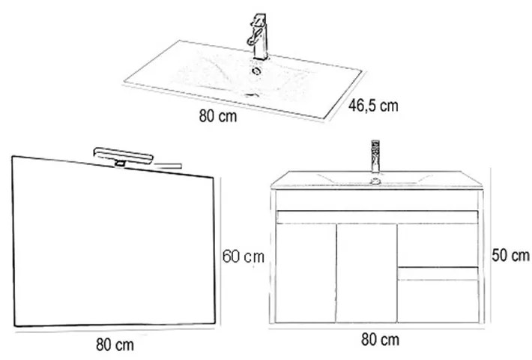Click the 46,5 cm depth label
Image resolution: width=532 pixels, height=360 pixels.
pos(373,105)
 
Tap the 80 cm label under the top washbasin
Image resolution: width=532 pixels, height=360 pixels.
pos(218,115)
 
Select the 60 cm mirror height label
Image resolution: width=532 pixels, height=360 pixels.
pos(244,256)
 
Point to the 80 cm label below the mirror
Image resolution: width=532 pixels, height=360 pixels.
pos(115,345)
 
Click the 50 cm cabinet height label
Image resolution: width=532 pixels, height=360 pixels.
pos(510,255)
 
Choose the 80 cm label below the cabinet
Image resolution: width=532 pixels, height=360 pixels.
pos(380,339)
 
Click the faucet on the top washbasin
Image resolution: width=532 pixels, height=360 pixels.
pos(258,37)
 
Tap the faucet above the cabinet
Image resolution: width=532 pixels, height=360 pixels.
pos(375,156)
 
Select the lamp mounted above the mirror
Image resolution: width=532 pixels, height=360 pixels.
pos(123,156)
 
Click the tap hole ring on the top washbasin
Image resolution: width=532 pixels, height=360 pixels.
pos(256,70)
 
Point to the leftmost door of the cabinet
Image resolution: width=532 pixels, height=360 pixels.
pos(306,273)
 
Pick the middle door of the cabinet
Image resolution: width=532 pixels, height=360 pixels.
pos(366,273)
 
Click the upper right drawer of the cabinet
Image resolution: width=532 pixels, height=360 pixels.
pos(438,244)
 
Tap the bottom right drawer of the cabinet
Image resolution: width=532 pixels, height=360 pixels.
pos(438,295)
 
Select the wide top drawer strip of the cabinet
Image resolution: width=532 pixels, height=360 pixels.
pos(378,217)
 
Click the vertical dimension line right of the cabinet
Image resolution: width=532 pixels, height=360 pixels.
pos(490,245)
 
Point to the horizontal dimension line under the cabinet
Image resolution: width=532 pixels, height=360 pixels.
pos(377,328)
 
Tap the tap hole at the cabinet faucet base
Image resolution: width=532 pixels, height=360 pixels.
pos(375,181)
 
